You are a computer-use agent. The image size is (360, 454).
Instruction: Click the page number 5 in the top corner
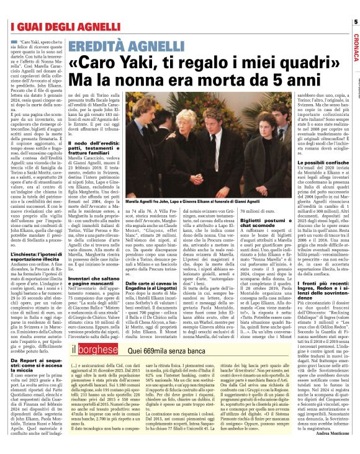(x=354, y=22)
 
